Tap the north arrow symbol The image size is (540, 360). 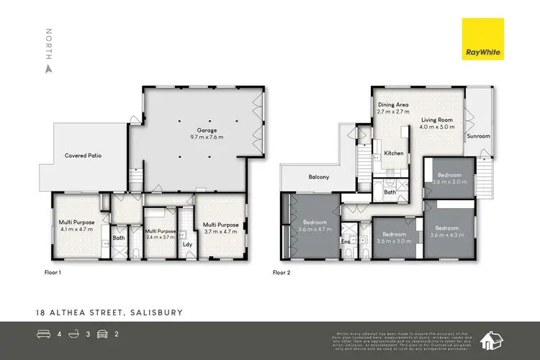tap(48, 69)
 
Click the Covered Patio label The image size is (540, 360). tap(81, 155)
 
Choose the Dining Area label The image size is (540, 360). tap(393, 105)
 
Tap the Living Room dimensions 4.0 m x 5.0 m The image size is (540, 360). tap(436, 127)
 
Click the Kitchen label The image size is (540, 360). tap(393, 153)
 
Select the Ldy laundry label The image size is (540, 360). tap(187, 243)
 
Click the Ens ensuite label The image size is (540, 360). tap(346, 242)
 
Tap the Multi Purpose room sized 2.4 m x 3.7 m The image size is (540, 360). tap(161, 235)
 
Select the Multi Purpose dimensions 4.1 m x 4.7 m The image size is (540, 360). tap(75, 231)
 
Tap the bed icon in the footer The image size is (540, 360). tap(42, 333)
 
